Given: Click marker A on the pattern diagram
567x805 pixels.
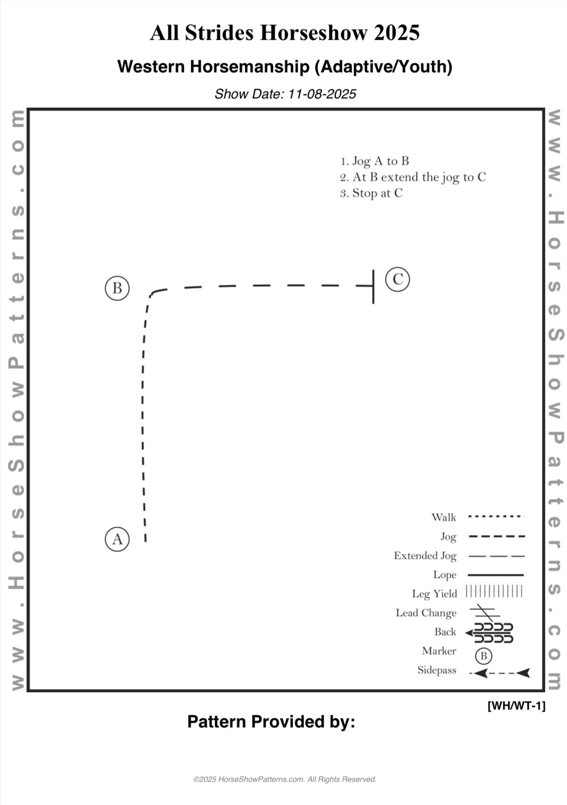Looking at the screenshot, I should click(x=117, y=539).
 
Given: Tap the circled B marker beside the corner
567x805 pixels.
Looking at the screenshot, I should click(x=117, y=288).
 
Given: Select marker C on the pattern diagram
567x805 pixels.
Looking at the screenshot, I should click(x=397, y=279).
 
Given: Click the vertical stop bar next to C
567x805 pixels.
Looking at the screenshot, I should click(x=373, y=287).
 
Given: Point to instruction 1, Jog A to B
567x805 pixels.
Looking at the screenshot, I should click(x=375, y=161).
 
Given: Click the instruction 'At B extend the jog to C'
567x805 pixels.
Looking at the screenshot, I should click(x=413, y=177).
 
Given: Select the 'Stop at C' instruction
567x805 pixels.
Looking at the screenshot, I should click(x=371, y=193).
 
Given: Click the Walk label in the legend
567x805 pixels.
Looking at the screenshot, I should click(x=444, y=517).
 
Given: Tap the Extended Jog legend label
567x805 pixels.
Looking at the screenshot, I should click(x=425, y=555).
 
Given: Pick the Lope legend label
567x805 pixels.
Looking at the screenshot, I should click(x=445, y=575).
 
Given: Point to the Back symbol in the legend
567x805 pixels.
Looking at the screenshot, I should click(x=490, y=633).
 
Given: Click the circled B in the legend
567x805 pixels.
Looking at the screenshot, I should click(x=483, y=656).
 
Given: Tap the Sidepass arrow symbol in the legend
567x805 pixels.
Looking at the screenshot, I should click(x=499, y=673).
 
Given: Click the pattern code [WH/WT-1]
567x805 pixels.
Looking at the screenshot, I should click(x=516, y=705).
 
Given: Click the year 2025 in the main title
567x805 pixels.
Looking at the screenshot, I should click(x=397, y=33).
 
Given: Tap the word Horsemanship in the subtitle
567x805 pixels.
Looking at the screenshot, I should click(x=249, y=67).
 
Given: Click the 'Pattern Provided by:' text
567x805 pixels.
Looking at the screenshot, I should click(x=271, y=721).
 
